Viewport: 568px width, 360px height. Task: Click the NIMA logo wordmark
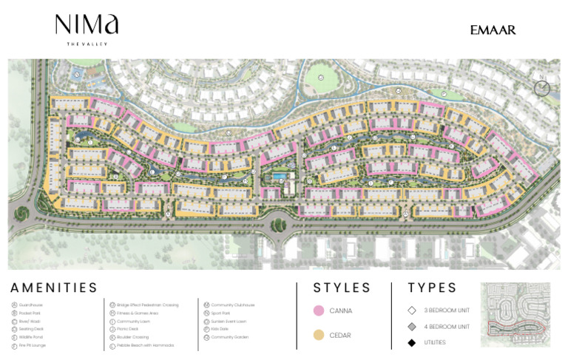click(x=87, y=26)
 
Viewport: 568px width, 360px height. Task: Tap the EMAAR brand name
click(x=493, y=30)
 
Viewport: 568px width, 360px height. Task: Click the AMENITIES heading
click(x=54, y=288)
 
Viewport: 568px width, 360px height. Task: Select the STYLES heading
click(x=342, y=288)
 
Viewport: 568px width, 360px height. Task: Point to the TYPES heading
click(x=433, y=288)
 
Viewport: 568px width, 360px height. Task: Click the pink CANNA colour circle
click(x=319, y=310)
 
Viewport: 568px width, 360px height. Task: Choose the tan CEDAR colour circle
click(x=319, y=336)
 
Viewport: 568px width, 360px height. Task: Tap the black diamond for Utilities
click(x=412, y=342)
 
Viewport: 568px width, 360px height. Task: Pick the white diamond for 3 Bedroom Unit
click(x=412, y=310)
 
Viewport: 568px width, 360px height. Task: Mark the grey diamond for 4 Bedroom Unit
click(x=412, y=327)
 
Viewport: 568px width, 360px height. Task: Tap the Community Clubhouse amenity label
click(x=233, y=305)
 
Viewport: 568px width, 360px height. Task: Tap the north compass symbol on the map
click(x=542, y=89)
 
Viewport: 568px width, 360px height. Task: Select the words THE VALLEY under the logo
click(x=87, y=45)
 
